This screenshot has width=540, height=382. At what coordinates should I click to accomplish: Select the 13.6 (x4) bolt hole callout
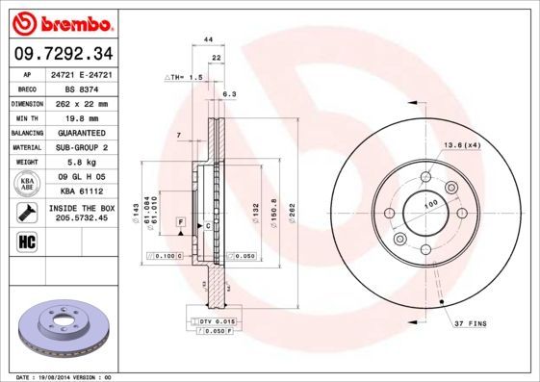coord(460,144)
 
